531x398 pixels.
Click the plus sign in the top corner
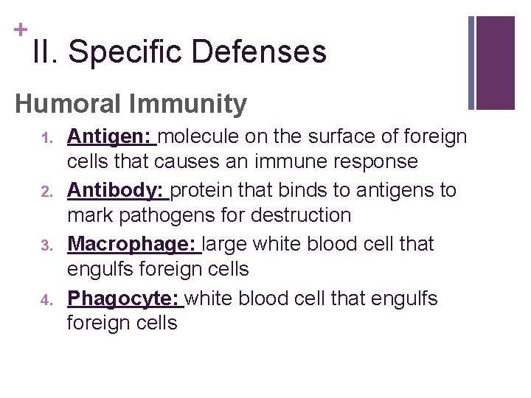[20, 30]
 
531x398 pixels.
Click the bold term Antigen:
[111, 136]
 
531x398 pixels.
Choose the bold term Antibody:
[117, 190]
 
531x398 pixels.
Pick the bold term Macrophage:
[132, 244]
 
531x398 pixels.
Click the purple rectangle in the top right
[496, 63]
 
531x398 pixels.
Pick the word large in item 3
[225, 244]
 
